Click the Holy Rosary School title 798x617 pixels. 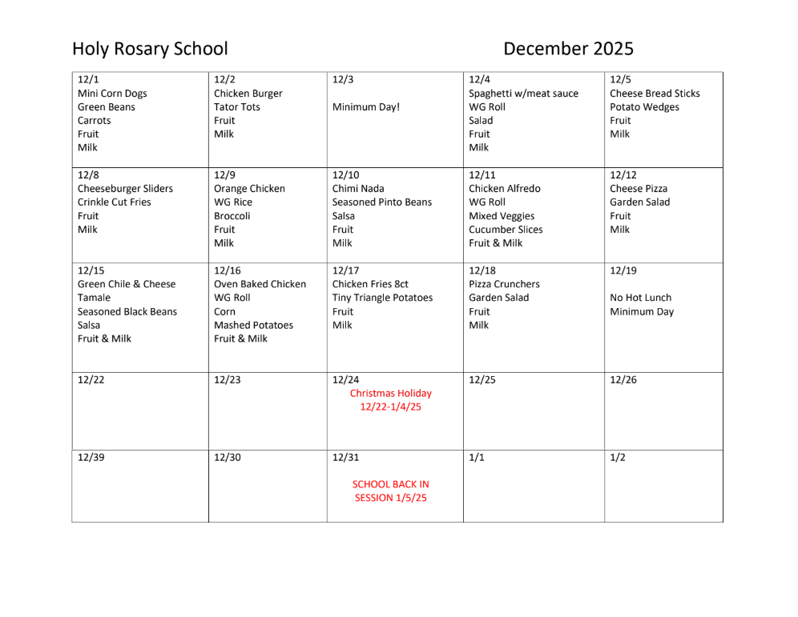(x=150, y=49)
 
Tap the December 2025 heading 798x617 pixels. (x=568, y=49)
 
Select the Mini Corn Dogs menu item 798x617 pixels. (x=112, y=94)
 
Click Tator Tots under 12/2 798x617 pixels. (x=236, y=107)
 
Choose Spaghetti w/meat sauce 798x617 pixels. (x=523, y=94)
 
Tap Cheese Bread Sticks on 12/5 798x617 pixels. (x=655, y=94)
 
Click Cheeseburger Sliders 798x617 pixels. (x=125, y=189)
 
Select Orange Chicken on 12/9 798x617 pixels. (x=249, y=189)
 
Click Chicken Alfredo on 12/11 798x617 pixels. (x=504, y=189)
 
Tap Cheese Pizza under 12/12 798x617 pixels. (x=639, y=189)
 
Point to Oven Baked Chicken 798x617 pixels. (x=260, y=284)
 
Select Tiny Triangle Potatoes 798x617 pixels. (x=382, y=298)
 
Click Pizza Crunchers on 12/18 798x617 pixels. (x=504, y=284)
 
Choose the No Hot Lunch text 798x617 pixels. (x=640, y=298)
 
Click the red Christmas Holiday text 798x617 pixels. (x=390, y=394)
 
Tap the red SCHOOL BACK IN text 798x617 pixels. (x=390, y=484)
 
